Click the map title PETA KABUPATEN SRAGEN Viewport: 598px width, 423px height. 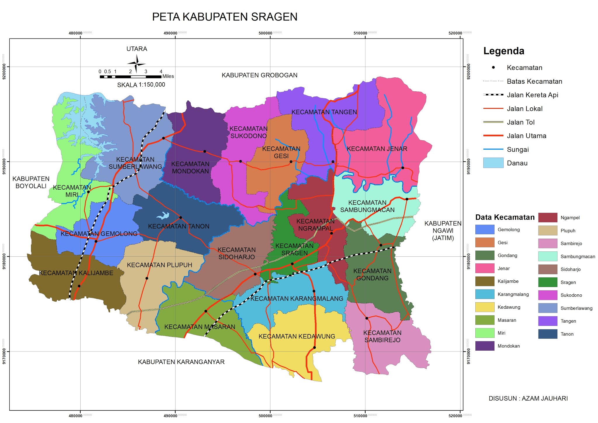point(225,17)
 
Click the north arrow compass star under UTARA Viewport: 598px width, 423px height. point(136,64)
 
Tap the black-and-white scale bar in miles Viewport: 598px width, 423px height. point(130,77)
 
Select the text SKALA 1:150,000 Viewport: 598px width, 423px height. point(141,85)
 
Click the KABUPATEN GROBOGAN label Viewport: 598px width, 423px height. point(259,75)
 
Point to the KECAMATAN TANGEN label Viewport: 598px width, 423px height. point(324,112)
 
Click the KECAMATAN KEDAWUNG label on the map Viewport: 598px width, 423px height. point(297,336)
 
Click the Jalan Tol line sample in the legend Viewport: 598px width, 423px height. point(493,122)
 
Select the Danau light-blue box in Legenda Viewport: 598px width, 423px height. point(493,163)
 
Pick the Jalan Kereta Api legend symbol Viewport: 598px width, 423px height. point(493,95)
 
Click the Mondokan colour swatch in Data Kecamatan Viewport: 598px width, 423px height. point(485,346)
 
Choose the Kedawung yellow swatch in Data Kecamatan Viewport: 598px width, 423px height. point(485,307)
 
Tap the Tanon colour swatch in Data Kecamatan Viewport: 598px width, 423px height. point(548,334)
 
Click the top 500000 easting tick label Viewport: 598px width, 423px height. point(265,33)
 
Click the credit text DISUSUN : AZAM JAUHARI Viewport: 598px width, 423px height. point(528,398)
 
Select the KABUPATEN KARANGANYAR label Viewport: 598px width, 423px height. point(181,362)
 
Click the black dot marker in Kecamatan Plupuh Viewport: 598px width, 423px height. point(147,278)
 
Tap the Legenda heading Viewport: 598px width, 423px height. point(504,51)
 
